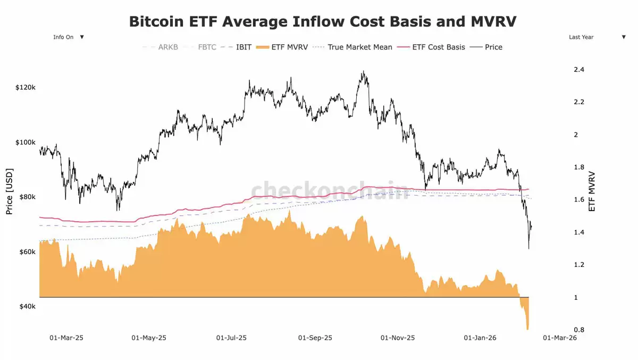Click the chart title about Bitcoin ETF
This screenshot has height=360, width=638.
coord(323,22)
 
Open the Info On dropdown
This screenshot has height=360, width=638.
coord(69,37)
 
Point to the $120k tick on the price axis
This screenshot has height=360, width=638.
coord(26,87)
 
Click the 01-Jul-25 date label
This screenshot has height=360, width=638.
coord(231,338)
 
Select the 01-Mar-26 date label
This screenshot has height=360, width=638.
coord(559,338)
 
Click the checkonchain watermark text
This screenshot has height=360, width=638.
coord(330,190)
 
